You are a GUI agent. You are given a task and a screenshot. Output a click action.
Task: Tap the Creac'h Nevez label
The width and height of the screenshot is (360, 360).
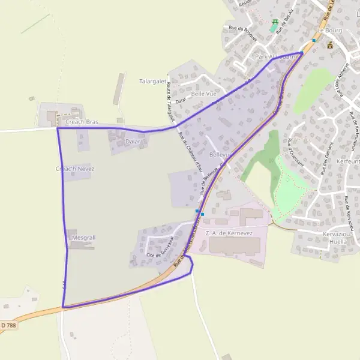[x=75, y=169]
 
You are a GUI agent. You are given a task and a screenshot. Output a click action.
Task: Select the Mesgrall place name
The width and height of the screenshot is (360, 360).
[x=83, y=238]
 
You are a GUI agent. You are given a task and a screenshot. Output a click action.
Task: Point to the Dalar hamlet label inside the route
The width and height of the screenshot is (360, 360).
[x=133, y=142]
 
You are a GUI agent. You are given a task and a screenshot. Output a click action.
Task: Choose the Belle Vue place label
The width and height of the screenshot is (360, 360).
[x=203, y=94]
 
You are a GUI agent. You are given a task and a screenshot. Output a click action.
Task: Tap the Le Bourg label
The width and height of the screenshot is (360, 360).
[x=329, y=29]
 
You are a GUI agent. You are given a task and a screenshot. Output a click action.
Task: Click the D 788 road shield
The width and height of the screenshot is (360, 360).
[x=8, y=325]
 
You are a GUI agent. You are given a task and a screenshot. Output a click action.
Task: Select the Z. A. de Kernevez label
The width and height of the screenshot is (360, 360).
[x=229, y=232]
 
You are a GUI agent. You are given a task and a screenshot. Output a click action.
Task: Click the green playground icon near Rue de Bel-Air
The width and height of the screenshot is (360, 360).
[x=275, y=23]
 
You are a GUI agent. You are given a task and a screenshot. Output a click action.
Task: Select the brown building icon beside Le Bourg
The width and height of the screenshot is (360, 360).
[x=329, y=44]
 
